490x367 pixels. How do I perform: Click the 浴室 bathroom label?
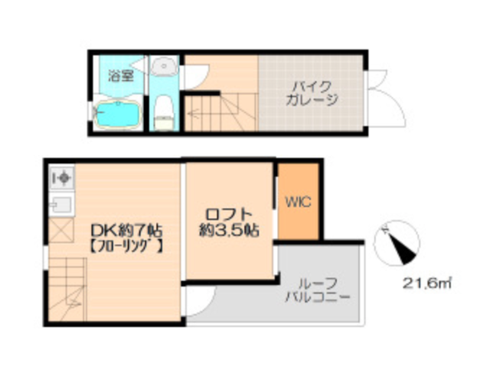(121, 75)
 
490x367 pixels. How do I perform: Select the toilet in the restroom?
(165, 112)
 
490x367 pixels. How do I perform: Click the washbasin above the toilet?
(164, 66)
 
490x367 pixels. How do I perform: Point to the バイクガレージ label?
(312, 93)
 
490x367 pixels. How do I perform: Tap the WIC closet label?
(298, 202)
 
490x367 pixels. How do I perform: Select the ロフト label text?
(229, 215)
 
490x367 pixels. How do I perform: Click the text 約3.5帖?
(229, 231)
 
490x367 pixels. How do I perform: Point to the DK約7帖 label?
(126, 231)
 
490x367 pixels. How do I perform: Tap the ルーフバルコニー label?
(318, 290)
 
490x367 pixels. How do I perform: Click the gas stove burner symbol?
(62, 178)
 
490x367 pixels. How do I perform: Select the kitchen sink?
(61, 205)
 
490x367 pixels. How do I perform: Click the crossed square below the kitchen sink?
(61, 231)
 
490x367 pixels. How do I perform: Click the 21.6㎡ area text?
(426, 283)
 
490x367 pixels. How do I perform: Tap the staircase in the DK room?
(67, 289)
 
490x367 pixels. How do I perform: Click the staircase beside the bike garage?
(220, 112)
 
